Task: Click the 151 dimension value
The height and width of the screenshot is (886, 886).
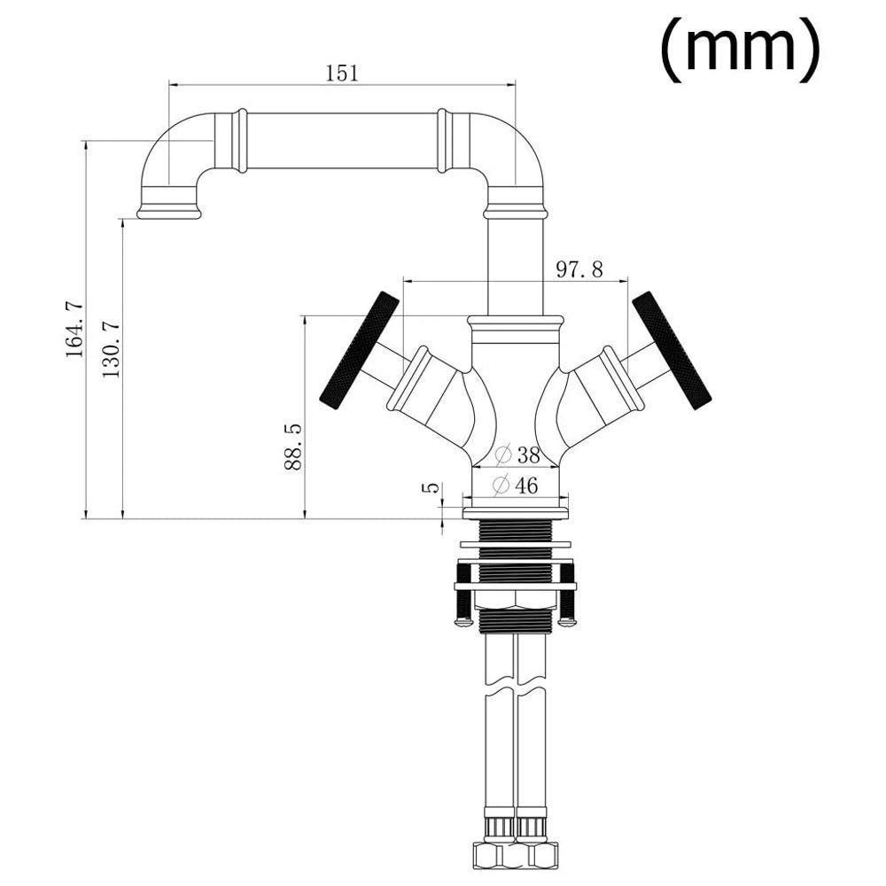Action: click(x=342, y=73)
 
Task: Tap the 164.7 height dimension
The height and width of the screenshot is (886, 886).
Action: click(x=74, y=330)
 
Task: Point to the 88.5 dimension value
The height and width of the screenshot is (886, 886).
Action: click(x=293, y=447)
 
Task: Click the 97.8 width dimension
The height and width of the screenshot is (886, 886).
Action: click(x=579, y=269)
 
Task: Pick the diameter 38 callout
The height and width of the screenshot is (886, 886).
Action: click(x=517, y=455)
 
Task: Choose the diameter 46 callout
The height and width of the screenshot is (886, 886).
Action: click(x=515, y=485)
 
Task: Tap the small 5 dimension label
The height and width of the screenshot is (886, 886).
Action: click(x=431, y=487)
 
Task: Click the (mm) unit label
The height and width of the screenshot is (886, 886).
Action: click(x=740, y=48)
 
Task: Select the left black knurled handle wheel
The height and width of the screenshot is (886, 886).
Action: click(x=360, y=349)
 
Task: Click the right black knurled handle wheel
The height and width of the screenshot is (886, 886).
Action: click(x=672, y=350)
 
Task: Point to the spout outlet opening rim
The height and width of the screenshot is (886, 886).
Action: click(x=169, y=213)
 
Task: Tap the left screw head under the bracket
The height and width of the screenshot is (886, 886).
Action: click(x=462, y=621)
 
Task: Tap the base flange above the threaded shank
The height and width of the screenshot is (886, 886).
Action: click(x=516, y=513)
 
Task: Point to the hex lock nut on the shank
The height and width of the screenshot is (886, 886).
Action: click(x=516, y=600)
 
